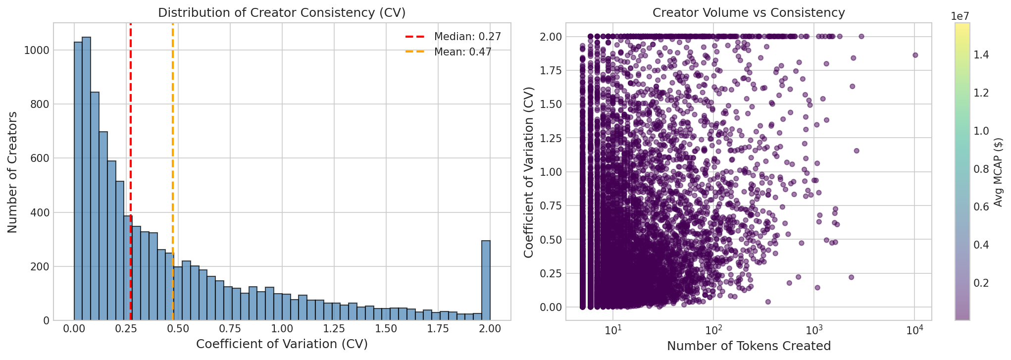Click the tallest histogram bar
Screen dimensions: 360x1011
click(x=86, y=178)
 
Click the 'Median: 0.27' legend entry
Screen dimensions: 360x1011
click(x=467, y=37)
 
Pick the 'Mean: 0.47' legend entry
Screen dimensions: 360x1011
click(x=462, y=52)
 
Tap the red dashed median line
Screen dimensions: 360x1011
click(x=130, y=149)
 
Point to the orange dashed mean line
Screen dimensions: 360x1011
click(x=173, y=149)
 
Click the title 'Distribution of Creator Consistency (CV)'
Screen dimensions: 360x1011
click(x=282, y=13)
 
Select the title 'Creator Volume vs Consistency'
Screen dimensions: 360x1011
click(x=748, y=13)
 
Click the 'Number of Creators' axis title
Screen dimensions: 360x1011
click(x=13, y=172)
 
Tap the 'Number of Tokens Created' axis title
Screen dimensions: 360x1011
click(x=748, y=346)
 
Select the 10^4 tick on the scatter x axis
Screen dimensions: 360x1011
click(x=913, y=330)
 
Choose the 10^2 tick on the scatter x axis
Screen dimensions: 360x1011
click(x=713, y=330)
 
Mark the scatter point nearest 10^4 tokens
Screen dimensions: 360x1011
click(x=915, y=55)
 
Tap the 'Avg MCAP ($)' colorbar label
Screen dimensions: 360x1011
click(x=998, y=172)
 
